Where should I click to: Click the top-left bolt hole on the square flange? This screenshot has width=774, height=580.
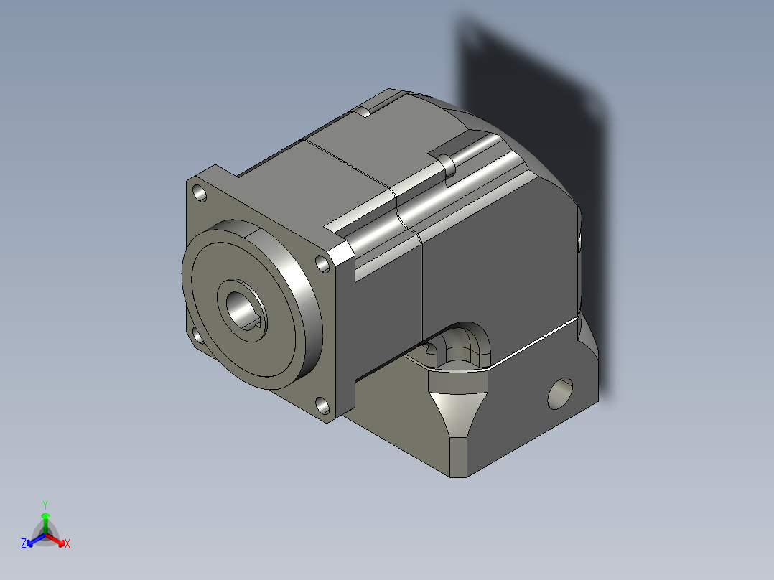198,192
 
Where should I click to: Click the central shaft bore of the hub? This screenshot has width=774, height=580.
243,307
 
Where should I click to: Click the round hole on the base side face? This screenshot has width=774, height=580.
559,393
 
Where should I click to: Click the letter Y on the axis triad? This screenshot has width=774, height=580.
45,504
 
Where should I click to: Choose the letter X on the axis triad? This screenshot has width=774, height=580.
67,544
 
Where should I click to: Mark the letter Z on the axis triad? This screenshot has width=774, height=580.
24,544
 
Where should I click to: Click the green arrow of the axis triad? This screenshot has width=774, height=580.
45,518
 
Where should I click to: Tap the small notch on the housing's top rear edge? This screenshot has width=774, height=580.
364,111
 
